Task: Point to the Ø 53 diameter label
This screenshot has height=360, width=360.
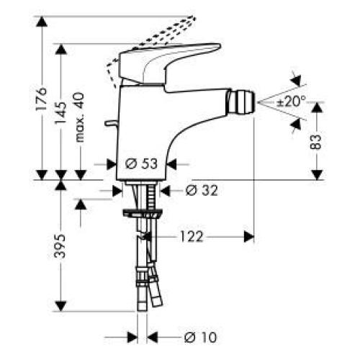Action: click(141, 163)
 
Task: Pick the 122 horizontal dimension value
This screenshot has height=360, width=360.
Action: click(190, 235)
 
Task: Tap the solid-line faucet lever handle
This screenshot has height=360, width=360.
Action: click(173, 61)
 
